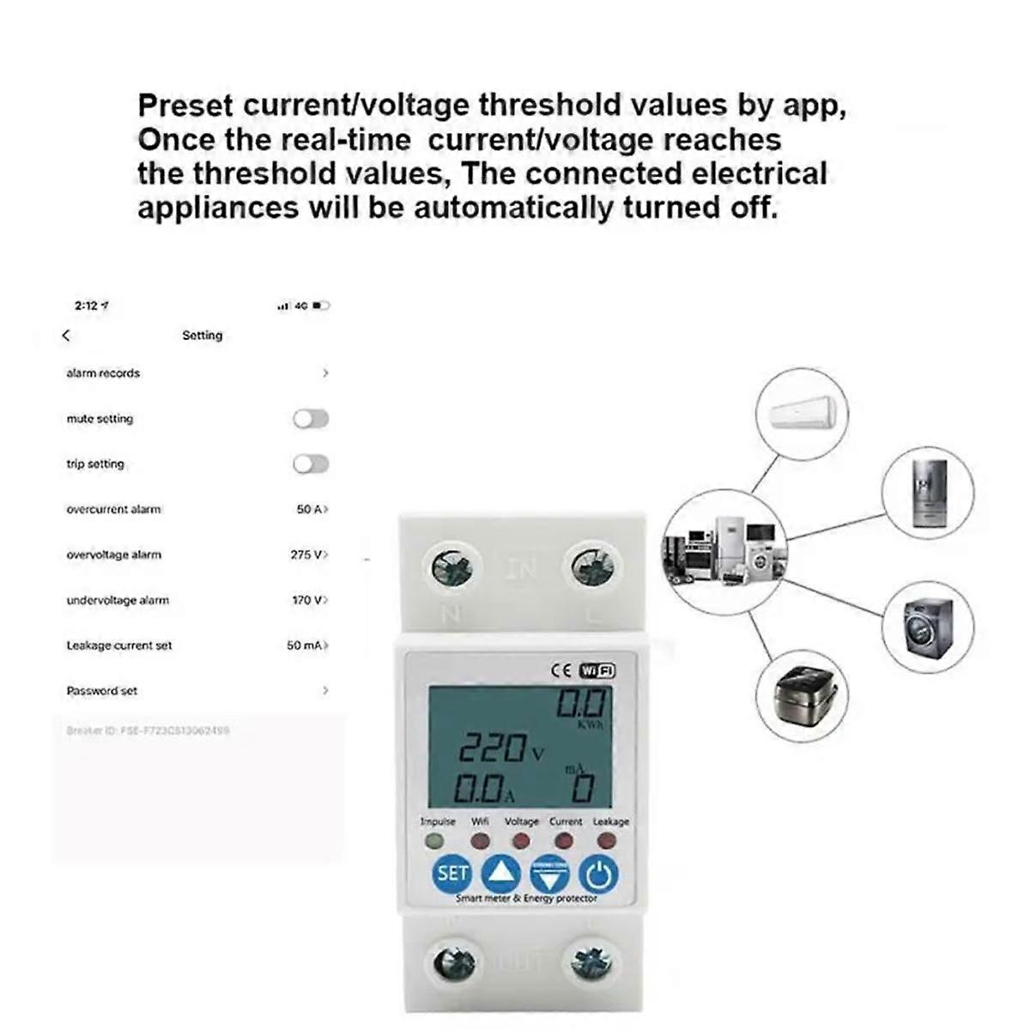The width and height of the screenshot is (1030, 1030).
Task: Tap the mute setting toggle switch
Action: coord(311,419)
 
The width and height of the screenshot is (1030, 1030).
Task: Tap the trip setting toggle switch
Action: coord(311,464)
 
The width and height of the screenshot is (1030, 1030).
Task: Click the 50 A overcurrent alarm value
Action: coord(310,510)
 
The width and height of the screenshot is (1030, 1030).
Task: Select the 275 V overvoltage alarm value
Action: coord(307,555)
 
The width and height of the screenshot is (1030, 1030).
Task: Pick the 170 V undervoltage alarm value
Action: coord(308,601)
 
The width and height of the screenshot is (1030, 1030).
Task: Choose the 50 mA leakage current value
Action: coord(306,645)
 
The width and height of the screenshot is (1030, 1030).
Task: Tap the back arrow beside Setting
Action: coord(67,336)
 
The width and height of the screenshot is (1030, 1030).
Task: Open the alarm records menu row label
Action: coord(103,373)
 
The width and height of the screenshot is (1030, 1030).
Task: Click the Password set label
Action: coord(102,691)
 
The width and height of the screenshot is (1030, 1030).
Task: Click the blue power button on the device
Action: coord(598,875)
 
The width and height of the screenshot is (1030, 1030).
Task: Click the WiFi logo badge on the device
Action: coord(597,671)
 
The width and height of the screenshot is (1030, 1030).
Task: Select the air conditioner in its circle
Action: coord(802,414)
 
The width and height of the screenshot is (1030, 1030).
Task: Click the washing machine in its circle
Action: coord(929,628)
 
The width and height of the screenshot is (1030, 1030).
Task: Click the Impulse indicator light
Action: coord(436,841)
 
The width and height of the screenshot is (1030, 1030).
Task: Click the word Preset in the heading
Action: coord(185,106)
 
